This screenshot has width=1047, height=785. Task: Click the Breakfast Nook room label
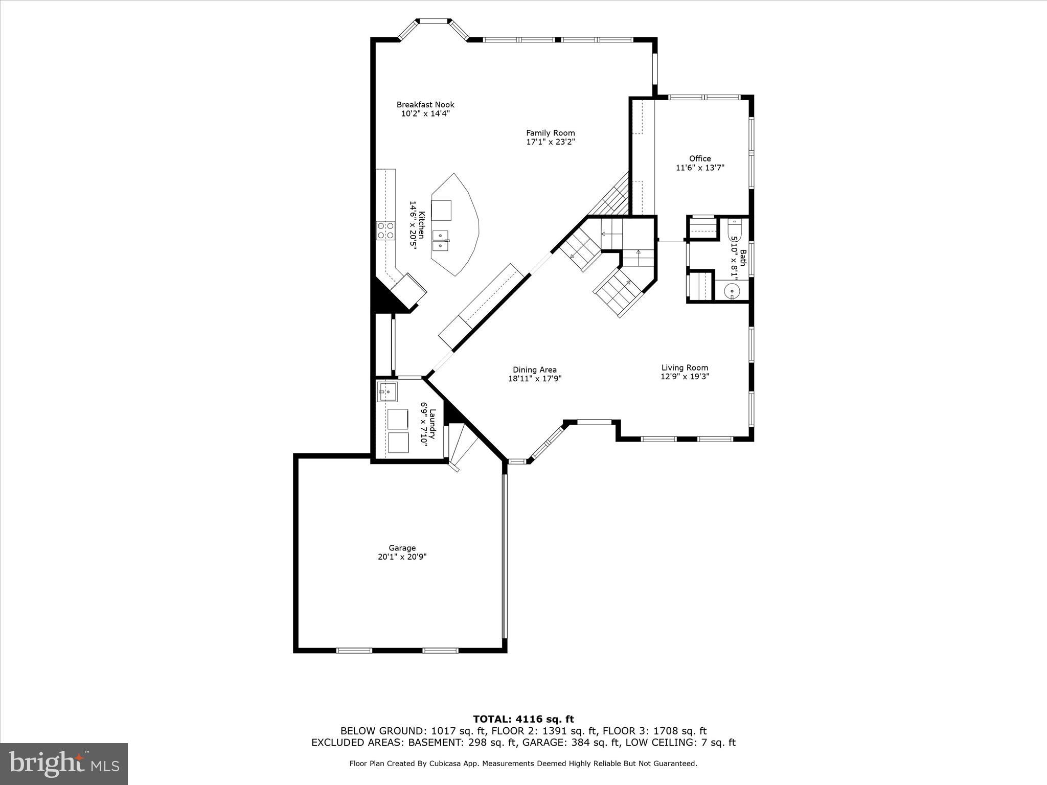click(x=425, y=105)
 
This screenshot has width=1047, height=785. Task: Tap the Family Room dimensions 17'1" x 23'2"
click(x=551, y=142)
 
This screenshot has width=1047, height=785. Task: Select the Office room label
click(x=700, y=158)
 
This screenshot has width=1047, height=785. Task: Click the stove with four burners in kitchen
click(x=385, y=230)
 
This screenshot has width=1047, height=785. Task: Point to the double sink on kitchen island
click(x=441, y=240)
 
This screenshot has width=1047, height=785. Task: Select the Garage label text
click(x=402, y=548)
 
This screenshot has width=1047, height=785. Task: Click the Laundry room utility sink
click(x=387, y=392)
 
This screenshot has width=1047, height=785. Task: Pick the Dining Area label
click(x=535, y=370)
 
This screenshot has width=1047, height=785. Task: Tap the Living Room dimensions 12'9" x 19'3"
click(x=685, y=377)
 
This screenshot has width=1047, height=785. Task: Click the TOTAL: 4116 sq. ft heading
click(x=523, y=719)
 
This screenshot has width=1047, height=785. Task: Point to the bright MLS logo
click(x=64, y=764)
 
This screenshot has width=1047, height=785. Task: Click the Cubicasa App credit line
click(x=523, y=764)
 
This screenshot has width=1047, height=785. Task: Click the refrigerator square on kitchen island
click(x=441, y=210)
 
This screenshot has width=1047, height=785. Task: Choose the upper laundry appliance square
click(x=398, y=419)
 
